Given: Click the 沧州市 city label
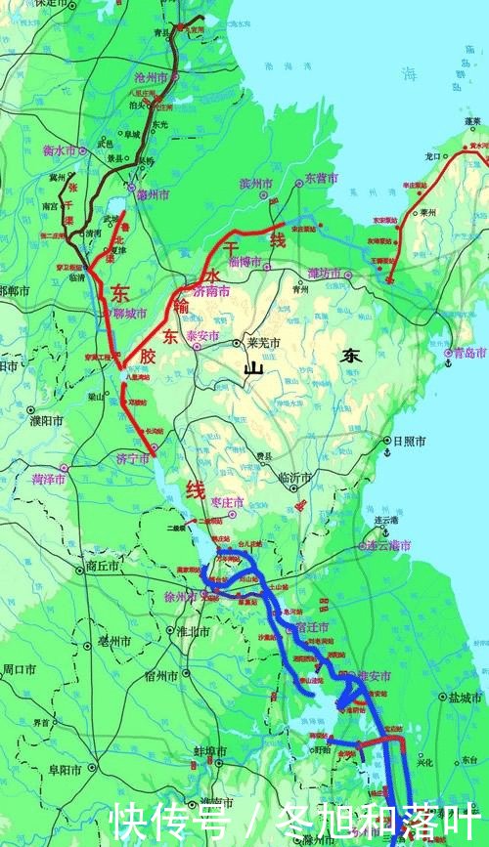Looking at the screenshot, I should click(x=152, y=75).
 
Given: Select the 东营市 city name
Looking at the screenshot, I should click(x=322, y=179).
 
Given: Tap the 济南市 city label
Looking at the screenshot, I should click(x=211, y=291).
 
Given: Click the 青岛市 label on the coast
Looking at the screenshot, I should click(x=467, y=352).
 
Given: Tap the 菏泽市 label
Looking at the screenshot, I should click(x=49, y=480).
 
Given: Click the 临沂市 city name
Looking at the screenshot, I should click(x=294, y=478).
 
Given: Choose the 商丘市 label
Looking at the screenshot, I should click(x=103, y=567).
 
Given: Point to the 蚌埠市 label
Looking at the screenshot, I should click(x=208, y=751).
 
